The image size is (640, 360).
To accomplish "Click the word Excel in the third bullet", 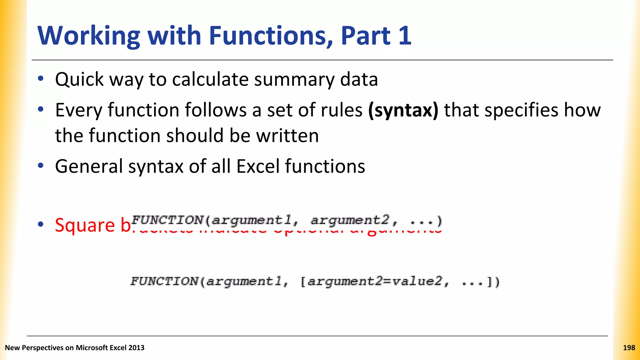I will (x=258, y=166).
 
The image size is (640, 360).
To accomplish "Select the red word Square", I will (x=85, y=225).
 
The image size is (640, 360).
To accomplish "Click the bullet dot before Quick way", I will (x=41, y=79).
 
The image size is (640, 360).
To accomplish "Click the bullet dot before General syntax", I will (x=41, y=166).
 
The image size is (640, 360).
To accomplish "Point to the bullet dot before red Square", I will (x=41, y=224).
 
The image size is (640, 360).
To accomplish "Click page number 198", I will (x=629, y=348).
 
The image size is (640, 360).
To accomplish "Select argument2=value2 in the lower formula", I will (x=374, y=282).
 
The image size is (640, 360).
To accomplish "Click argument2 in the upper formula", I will (x=350, y=221).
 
